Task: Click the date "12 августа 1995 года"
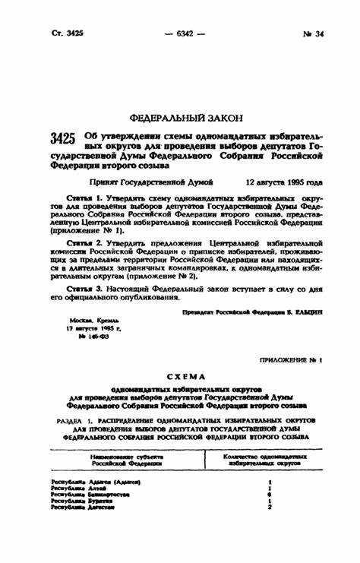click(x=284, y=183)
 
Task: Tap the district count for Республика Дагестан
click(x=270, y=508)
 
